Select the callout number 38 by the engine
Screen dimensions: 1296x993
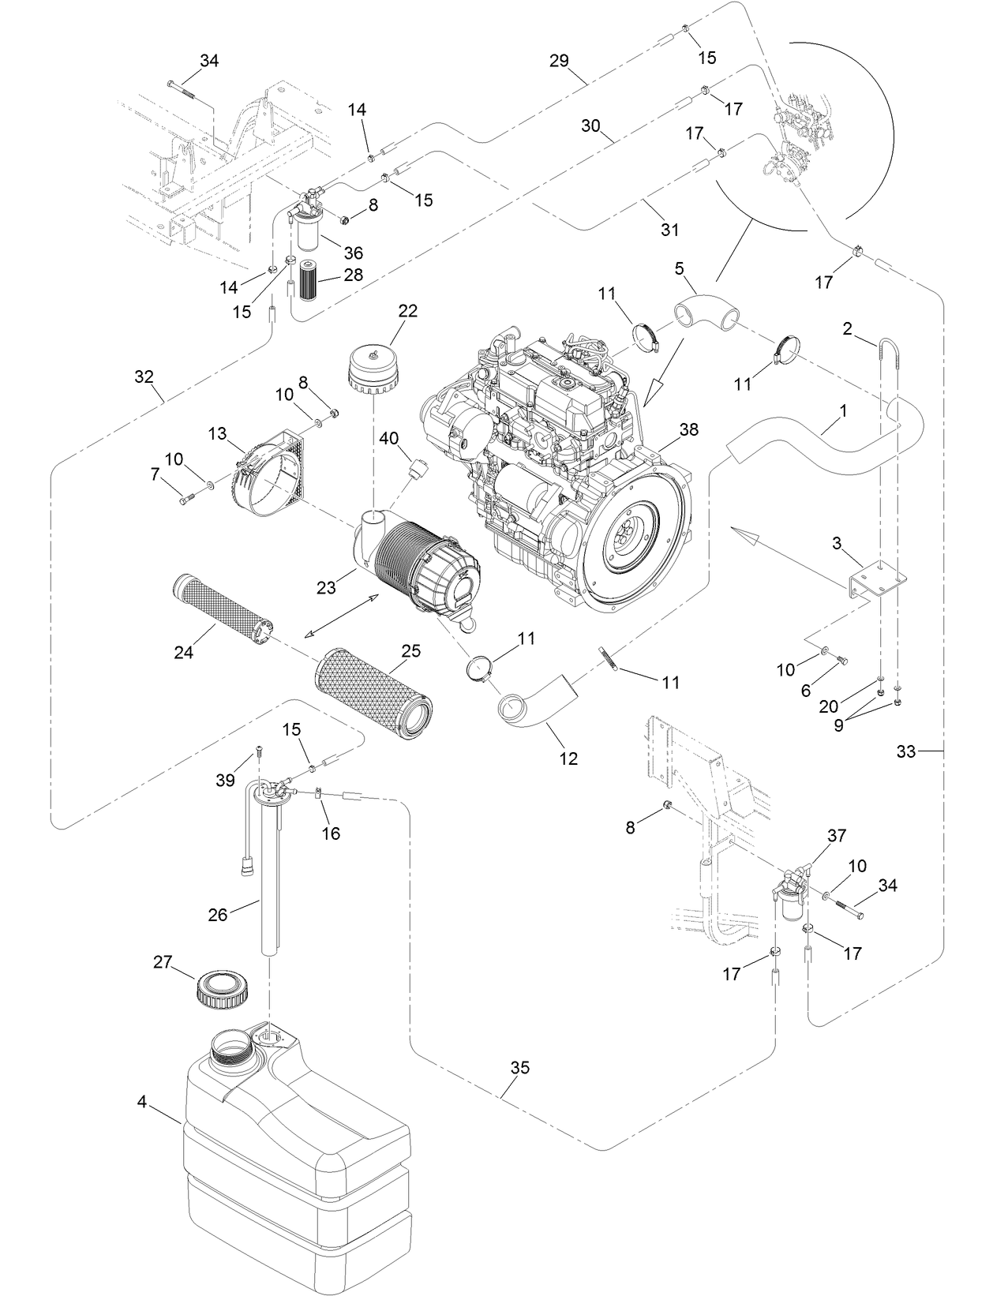[688, 430]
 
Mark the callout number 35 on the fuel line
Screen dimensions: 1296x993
[519, 1069]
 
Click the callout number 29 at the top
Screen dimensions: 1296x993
[559, 61]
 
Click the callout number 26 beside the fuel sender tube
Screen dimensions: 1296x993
[217, 915]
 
